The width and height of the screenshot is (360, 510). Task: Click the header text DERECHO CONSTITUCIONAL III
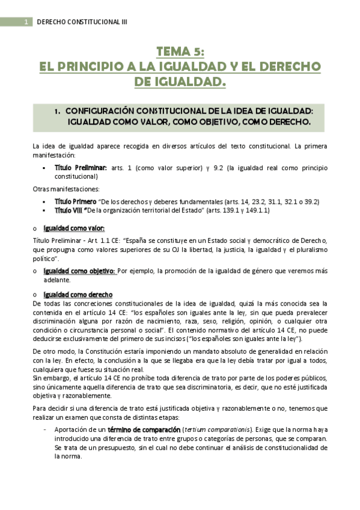pyautogui.click(x=82, y=22)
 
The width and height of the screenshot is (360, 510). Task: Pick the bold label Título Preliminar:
pyautogui.click(x=81, y=167)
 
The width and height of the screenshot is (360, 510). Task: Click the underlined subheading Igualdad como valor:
pyautogui.click(x=74, y=228)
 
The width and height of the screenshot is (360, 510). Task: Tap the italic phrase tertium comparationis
pyautogui.click(x=222, y=430)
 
